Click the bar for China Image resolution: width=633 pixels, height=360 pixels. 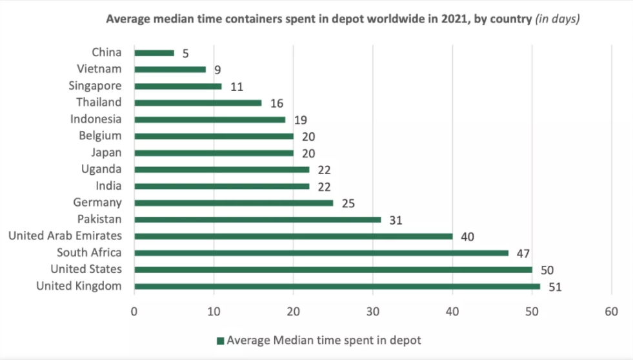click(x=154, y=53)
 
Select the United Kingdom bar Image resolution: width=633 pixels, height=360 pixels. click(x=337, y=286)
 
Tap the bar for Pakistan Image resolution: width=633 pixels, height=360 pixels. click(x=257, y=219)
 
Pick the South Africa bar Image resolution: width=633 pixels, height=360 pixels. click(x=321, y=253)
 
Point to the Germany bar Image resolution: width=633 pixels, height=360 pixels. click(x=234, y=203)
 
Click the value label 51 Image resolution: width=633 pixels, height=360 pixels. click(x=555, y=286)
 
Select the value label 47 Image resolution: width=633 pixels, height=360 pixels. click(x=523, y=253)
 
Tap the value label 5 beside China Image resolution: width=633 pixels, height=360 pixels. click(x=186, y=53)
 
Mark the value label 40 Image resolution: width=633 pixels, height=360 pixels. click(x=467, y=236)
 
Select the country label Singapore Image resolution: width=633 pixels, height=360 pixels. click(x=95, y=86)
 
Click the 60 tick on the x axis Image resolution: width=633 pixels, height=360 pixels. click(x=611, y=312)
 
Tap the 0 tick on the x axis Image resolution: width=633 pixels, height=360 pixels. click(x=134, y=312)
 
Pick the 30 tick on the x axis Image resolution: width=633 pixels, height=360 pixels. click(x=373, y=312)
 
